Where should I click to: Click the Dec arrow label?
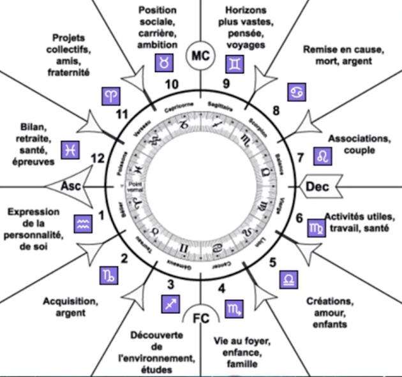pos(317,186)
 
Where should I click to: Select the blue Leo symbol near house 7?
pos(323,155)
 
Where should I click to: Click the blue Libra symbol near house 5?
pos(289,280)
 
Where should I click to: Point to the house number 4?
pos(221,287)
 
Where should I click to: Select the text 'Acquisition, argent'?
pos(70,307)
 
